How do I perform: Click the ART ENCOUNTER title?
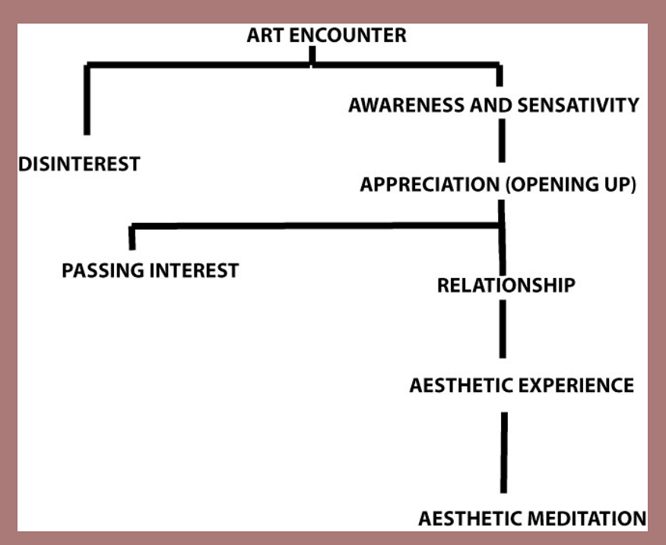click(x=326, y=35)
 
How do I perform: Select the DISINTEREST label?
click(x=79, y=163)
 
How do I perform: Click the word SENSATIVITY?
click(x=577, y=105)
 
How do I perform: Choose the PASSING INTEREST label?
click(x=150, y=270)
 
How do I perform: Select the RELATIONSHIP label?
click(x=506, y=286)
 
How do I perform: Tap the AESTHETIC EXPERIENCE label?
click(x=521, y=385)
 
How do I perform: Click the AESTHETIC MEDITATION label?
click(x=532, y=519)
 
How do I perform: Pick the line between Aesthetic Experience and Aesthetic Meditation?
click(x=503, y=452)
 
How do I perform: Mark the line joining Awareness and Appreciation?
click(x=502, y=141)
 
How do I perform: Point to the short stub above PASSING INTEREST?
click(x=132, y=237)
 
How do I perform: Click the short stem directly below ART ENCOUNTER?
click(x=312, y=56)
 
